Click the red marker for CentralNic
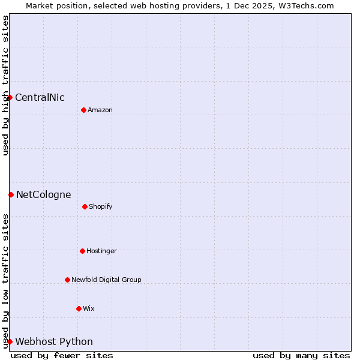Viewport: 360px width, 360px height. click(10, 97)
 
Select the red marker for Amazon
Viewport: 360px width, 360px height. click(83, 110)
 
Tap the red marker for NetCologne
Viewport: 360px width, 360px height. click(11, 194)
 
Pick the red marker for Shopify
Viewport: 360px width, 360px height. click(85, 206)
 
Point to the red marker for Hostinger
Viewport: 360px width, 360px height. click(82, 251)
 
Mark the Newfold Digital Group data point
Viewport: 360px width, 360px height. click(67, 280)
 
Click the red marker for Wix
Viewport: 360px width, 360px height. click(79, 308)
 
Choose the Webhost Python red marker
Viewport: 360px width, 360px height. click(10, 341)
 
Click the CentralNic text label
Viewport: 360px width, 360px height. click(40, 98)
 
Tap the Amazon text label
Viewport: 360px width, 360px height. click(100, 110)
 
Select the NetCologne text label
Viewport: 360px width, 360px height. click(43, 195)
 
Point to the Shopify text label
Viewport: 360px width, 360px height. click(101, 207)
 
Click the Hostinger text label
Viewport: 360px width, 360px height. click(101, 251)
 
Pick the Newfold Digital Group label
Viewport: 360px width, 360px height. click(106, 280)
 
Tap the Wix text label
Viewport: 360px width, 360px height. click(89, 309)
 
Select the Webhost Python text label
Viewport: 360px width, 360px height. click(54, 342)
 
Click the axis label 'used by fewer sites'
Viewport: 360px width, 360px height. click(62, 355)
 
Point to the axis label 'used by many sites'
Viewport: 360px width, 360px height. click(301, 355)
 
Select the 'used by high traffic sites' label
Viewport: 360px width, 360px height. click(5, 85)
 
